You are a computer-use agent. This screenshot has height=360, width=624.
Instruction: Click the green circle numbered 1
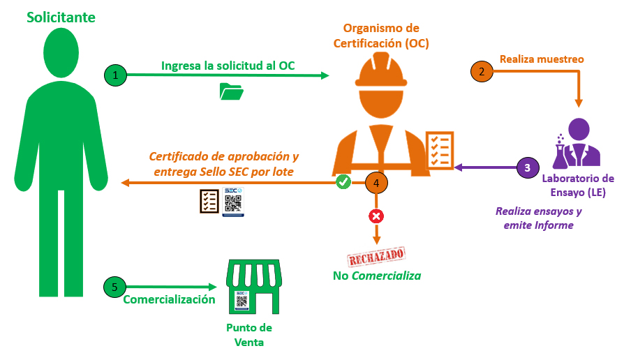pos(115,75)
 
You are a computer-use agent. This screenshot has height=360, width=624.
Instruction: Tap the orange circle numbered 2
pos(481,71)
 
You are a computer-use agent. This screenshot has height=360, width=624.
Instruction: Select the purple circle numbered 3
pos(527,167)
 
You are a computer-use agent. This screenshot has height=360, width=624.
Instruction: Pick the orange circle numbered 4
pos(376,183)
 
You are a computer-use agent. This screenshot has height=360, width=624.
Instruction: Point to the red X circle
pos(376,216)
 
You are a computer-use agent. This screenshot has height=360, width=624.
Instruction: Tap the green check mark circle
pos(343,182)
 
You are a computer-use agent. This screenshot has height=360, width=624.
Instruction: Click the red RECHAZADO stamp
pos(376,254)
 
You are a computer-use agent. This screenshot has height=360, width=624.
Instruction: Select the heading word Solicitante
pos(61,17)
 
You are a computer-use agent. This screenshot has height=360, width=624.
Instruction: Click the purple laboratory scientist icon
pos(577,144)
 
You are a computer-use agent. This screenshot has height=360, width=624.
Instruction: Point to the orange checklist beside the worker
pos(439,149)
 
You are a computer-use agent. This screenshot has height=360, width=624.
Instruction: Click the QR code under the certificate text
pos(233,202)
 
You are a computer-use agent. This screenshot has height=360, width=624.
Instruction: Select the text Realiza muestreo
pos(542,59)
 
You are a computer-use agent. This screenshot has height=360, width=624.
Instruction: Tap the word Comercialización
pos(169,300)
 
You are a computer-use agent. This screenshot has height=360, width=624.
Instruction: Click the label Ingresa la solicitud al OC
pos(228,66)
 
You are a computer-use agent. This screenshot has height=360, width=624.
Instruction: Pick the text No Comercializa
pos(377,276)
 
